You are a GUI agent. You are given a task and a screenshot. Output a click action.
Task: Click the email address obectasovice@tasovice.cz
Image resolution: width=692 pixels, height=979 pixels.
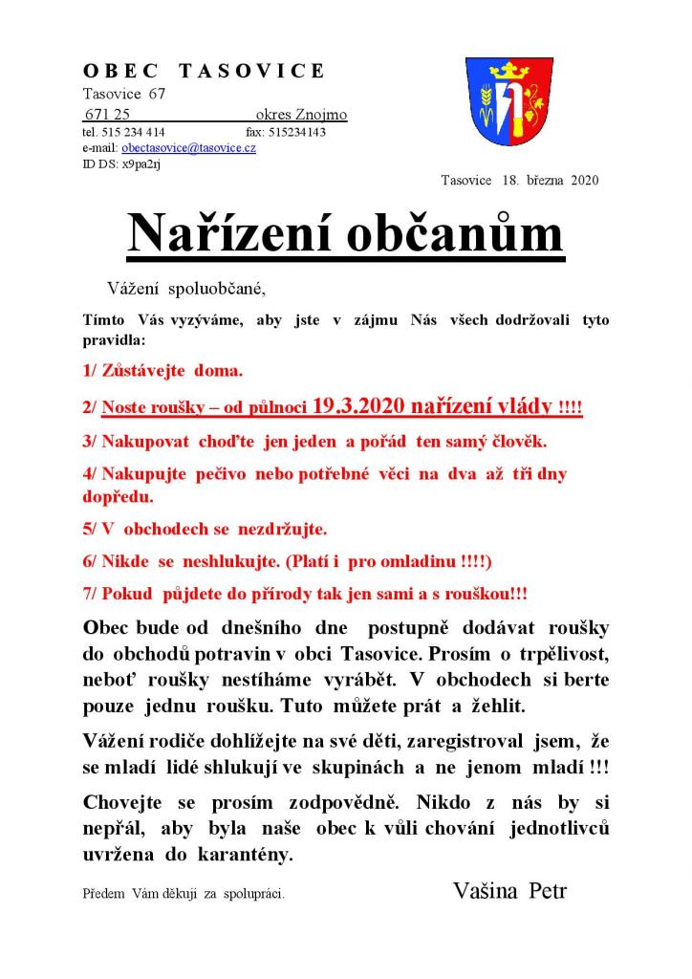point(188,148)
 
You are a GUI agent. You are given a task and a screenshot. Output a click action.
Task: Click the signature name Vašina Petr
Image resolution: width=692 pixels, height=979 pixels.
point(509,891)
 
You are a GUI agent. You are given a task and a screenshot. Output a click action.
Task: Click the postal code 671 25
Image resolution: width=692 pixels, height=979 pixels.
point(107,115)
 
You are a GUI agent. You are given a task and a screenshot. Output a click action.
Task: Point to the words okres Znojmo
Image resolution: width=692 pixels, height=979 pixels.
point(301,115)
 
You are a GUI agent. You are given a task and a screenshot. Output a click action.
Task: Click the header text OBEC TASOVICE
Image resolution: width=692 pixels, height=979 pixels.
point(204,72)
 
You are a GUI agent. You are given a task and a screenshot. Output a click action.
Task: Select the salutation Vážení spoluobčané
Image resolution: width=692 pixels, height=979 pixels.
point(184,287)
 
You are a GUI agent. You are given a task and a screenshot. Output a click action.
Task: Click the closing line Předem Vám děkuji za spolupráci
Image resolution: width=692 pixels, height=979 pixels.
point(184,895)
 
